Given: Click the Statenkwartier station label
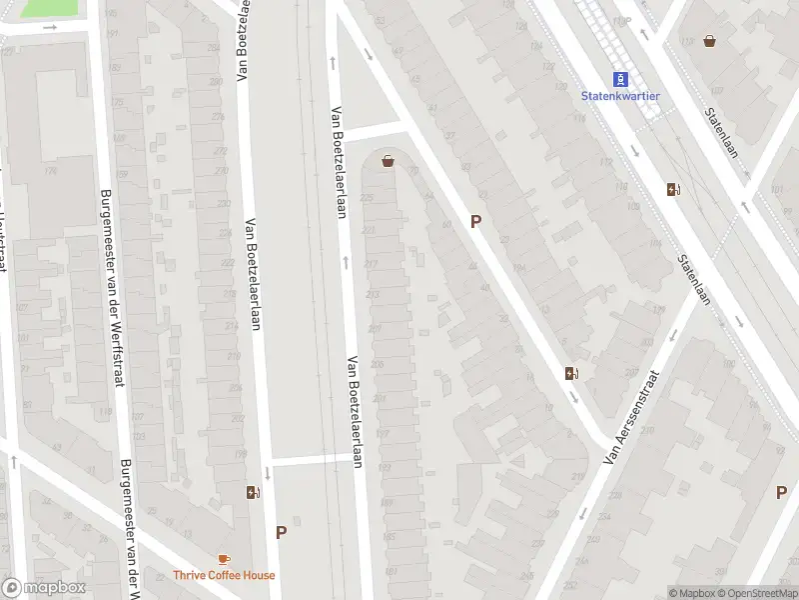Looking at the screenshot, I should click(620, 96).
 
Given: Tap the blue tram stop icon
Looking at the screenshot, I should click(620, 78).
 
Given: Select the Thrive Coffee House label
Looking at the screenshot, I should click(224, 575).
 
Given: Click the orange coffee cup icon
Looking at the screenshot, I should click(224, 559).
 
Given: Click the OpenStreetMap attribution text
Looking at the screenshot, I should click(757, 593).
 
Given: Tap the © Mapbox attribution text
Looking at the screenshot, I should click(691, 593).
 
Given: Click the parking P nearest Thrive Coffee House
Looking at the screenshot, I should click(281, 533).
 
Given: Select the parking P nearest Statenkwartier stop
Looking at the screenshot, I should click(476, 222).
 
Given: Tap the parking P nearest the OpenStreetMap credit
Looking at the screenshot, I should click(781, 492).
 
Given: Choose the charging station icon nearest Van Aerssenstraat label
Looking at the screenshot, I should click(572, 374).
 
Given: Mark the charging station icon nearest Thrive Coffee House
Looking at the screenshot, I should click(253, 492).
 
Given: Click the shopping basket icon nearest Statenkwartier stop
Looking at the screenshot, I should click(709, 41).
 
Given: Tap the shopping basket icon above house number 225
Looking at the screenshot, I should click(387, 160).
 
